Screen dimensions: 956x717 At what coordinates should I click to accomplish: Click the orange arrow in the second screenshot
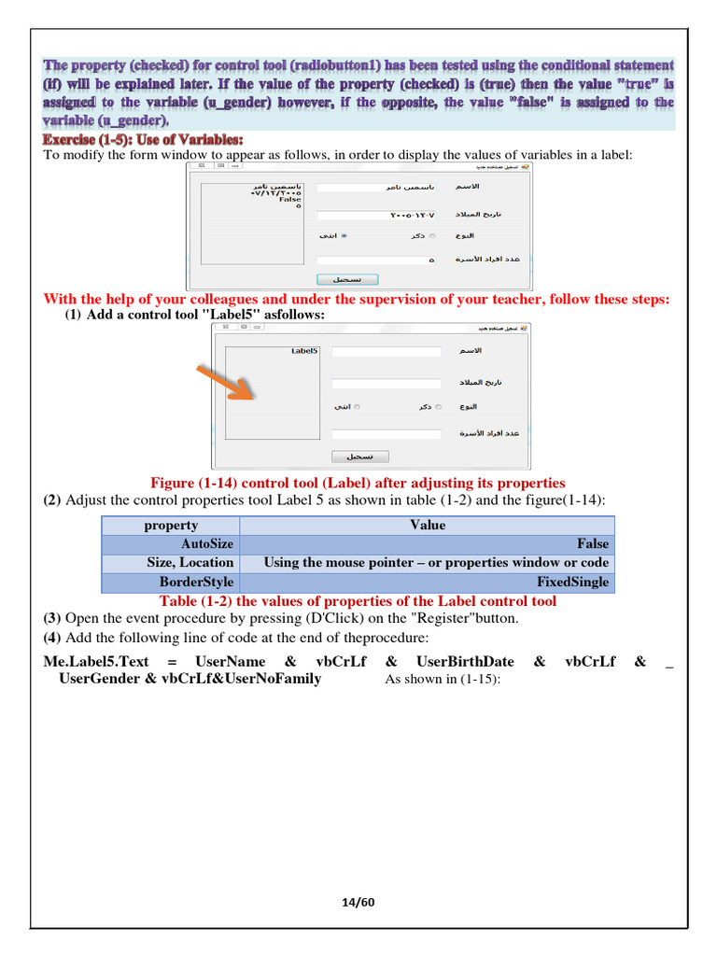click(223, 382)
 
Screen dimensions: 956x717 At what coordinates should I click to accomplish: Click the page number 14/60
click(358, 902)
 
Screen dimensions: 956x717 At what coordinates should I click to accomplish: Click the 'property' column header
click(171, 525)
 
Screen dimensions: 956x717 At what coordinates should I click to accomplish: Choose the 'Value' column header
click(428, 525)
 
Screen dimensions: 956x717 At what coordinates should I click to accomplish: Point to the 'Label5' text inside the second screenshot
click(304, 351)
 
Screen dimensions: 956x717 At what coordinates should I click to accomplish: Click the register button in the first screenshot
click(347, 279)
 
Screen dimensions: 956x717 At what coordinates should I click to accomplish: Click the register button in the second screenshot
click(360, 457)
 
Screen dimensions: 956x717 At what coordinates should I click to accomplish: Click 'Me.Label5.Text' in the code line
click(96, 661)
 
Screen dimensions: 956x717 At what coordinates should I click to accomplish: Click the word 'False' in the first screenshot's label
click(290, 199)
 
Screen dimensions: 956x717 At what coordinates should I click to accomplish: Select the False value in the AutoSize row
click(592, 543)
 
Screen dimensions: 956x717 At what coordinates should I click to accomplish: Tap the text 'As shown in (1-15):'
click(443, 679)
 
